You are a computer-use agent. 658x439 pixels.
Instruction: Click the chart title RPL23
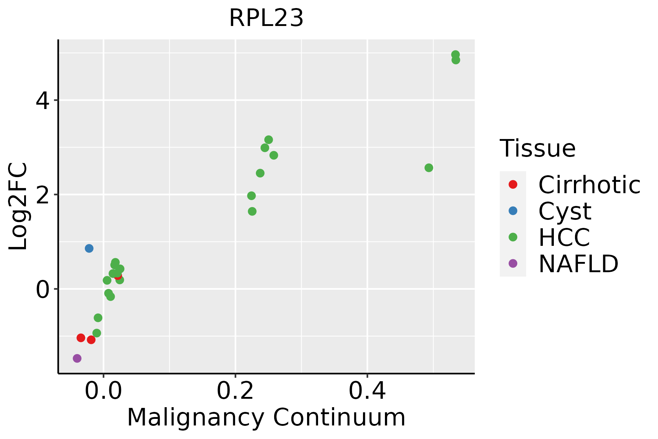click(266, 18)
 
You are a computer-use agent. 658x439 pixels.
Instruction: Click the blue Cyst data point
click(89, 248)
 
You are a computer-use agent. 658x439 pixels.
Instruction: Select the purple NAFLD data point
click(77, 358)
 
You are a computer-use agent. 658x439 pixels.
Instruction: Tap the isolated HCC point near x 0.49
click(429, 168)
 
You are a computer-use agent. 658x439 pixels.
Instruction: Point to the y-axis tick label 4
click(42, 101)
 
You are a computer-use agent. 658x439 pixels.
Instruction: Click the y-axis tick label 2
click(42, 195)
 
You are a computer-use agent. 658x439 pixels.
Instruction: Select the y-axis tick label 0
click(42, 289)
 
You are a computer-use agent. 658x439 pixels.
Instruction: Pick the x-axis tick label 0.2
click(235, 391)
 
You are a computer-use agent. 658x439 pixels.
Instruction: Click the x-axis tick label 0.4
click(367, 391)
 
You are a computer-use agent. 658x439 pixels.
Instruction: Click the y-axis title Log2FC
click(18, 206)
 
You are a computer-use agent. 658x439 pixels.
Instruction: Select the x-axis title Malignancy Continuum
click(266, 417)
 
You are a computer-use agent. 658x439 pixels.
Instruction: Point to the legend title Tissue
click(537, 149)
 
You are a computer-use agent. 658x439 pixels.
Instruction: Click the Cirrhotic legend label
click(589, 185)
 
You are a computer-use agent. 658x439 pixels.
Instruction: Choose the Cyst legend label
click(565, 211)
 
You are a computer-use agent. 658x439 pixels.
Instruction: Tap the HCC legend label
click(564, 237)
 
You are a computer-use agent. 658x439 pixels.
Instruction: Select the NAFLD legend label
click(578, 264)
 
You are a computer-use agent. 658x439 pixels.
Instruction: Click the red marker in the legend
click(513, 184)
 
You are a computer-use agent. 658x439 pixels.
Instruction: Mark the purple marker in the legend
click(513, 263)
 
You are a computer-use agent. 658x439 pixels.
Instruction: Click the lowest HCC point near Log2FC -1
click(97, 333)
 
